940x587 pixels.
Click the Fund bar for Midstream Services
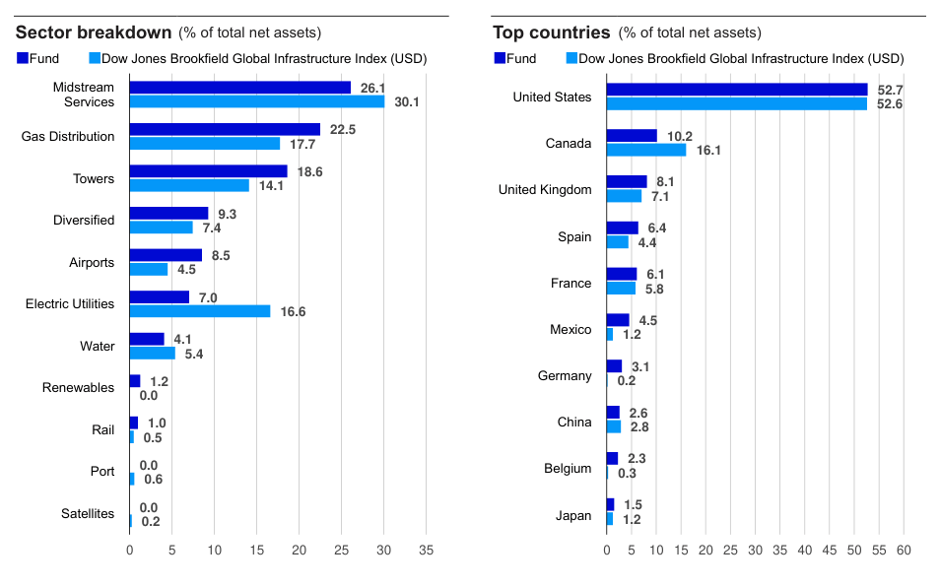(x=239, y=88)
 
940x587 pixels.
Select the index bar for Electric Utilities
(x=200, y=311)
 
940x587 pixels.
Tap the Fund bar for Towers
(x=208, y=171)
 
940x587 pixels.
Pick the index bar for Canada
(x=645, y=150)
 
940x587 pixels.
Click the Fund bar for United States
(x=736, y=90)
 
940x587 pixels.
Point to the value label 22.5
(x=343, y=129)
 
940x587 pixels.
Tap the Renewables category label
(x=78, y=388)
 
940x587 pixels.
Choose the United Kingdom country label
(x=545, y=190)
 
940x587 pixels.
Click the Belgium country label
(x=568, y=469)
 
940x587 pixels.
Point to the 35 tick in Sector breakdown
(x=426, y=549)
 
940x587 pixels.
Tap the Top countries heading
(x=551, y=33)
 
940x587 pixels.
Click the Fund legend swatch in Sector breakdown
(x=23, y=59)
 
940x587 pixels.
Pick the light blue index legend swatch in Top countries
(x=571, y=59)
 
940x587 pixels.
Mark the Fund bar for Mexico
(x=618, y=320)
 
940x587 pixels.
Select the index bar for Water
(x=152, y=354)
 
